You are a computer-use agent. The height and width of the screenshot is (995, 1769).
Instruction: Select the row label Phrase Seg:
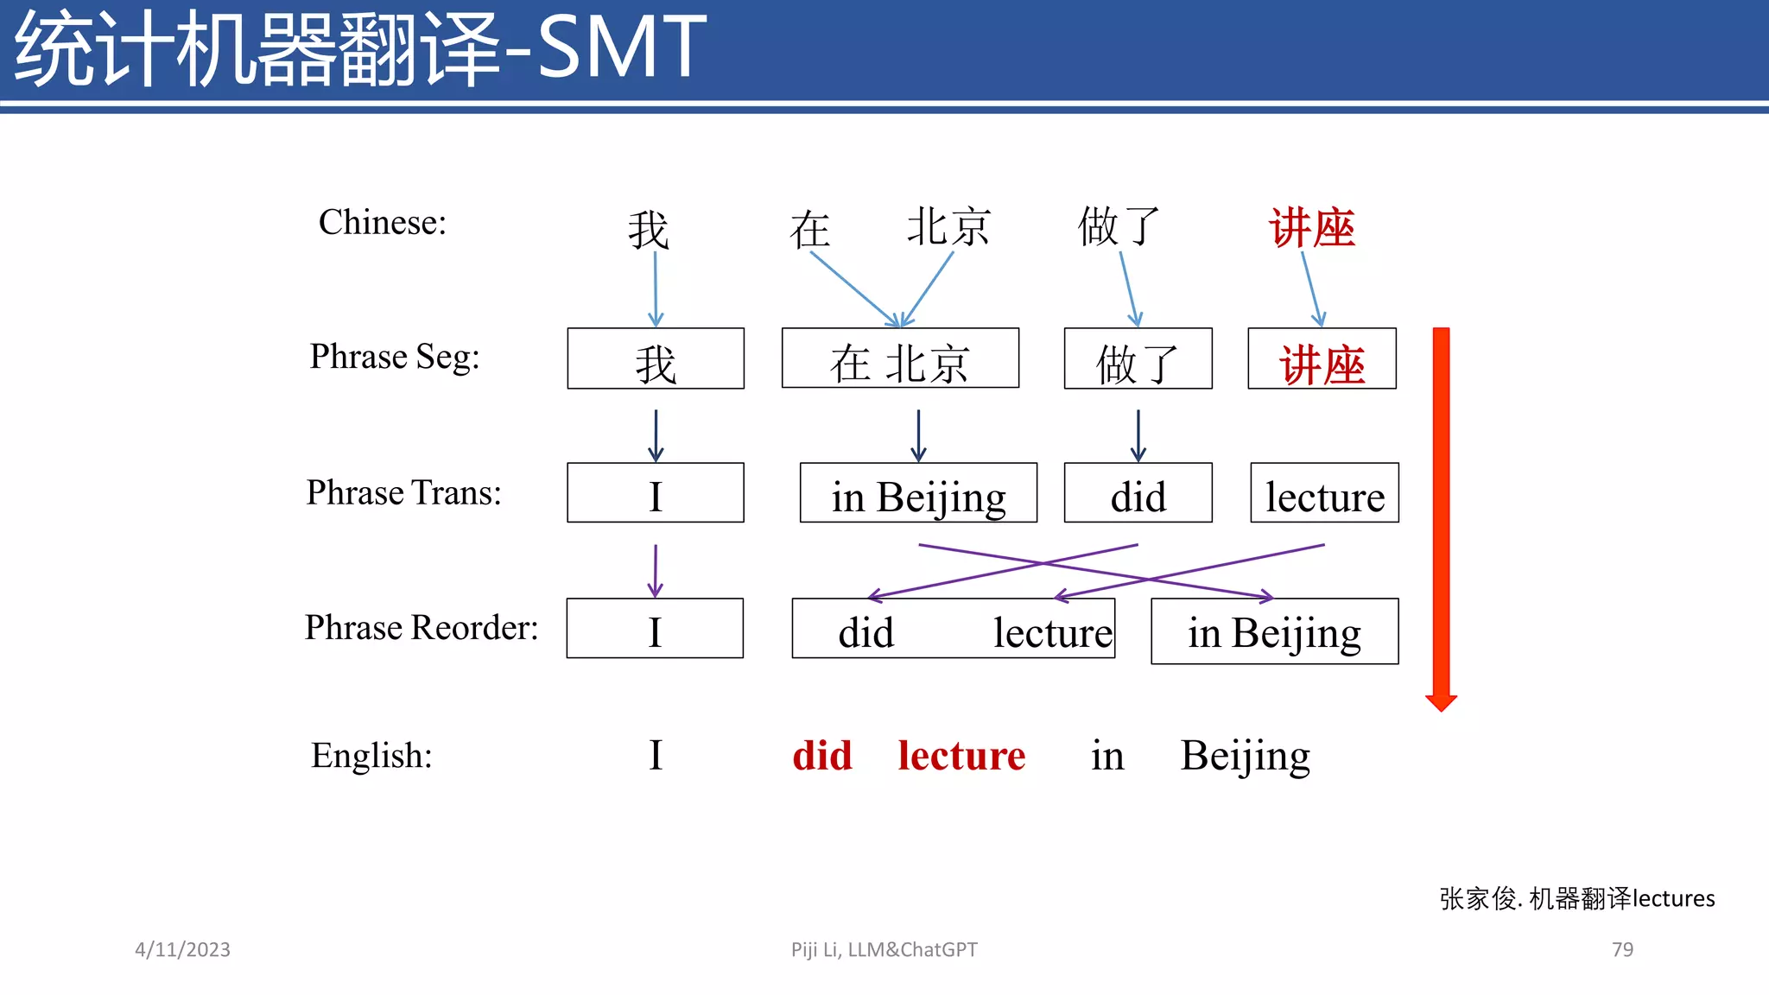coord(395,357)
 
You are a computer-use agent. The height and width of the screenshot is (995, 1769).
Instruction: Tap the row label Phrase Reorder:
coord(421,628)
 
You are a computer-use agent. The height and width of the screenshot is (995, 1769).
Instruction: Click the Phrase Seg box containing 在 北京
coord(900,358)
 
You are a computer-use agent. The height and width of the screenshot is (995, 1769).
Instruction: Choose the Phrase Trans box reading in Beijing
coord(918,493)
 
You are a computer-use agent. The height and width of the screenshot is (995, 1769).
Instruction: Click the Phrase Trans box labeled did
coord(1138,493)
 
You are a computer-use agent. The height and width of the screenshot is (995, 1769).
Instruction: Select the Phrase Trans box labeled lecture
coord(1324,493)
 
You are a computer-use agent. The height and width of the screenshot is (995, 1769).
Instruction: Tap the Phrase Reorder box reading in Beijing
coord(1274,631)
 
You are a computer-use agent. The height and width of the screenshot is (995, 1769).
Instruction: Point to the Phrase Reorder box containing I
coord(655,629)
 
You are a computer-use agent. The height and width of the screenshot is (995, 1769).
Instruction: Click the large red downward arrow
coord(1441,518)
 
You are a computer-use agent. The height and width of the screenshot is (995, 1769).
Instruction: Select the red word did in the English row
coord(822,756)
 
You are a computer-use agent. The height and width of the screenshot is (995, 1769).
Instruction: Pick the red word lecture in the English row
coord(961,756)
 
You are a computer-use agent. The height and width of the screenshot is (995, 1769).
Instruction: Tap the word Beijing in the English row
coord(1245,757)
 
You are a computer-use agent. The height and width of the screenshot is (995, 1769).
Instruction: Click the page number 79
coord(1622,949)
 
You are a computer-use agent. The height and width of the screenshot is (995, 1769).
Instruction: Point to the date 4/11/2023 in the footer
coord(182,949)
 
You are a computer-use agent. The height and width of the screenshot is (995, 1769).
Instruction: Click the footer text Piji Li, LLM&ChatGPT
coord(884,949)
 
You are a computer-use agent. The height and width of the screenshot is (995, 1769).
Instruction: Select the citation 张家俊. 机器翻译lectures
coord(1576,898)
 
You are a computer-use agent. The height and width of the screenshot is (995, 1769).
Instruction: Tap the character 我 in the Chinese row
coord(648,229)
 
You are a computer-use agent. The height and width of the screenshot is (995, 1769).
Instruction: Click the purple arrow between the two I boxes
coord(656,570)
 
